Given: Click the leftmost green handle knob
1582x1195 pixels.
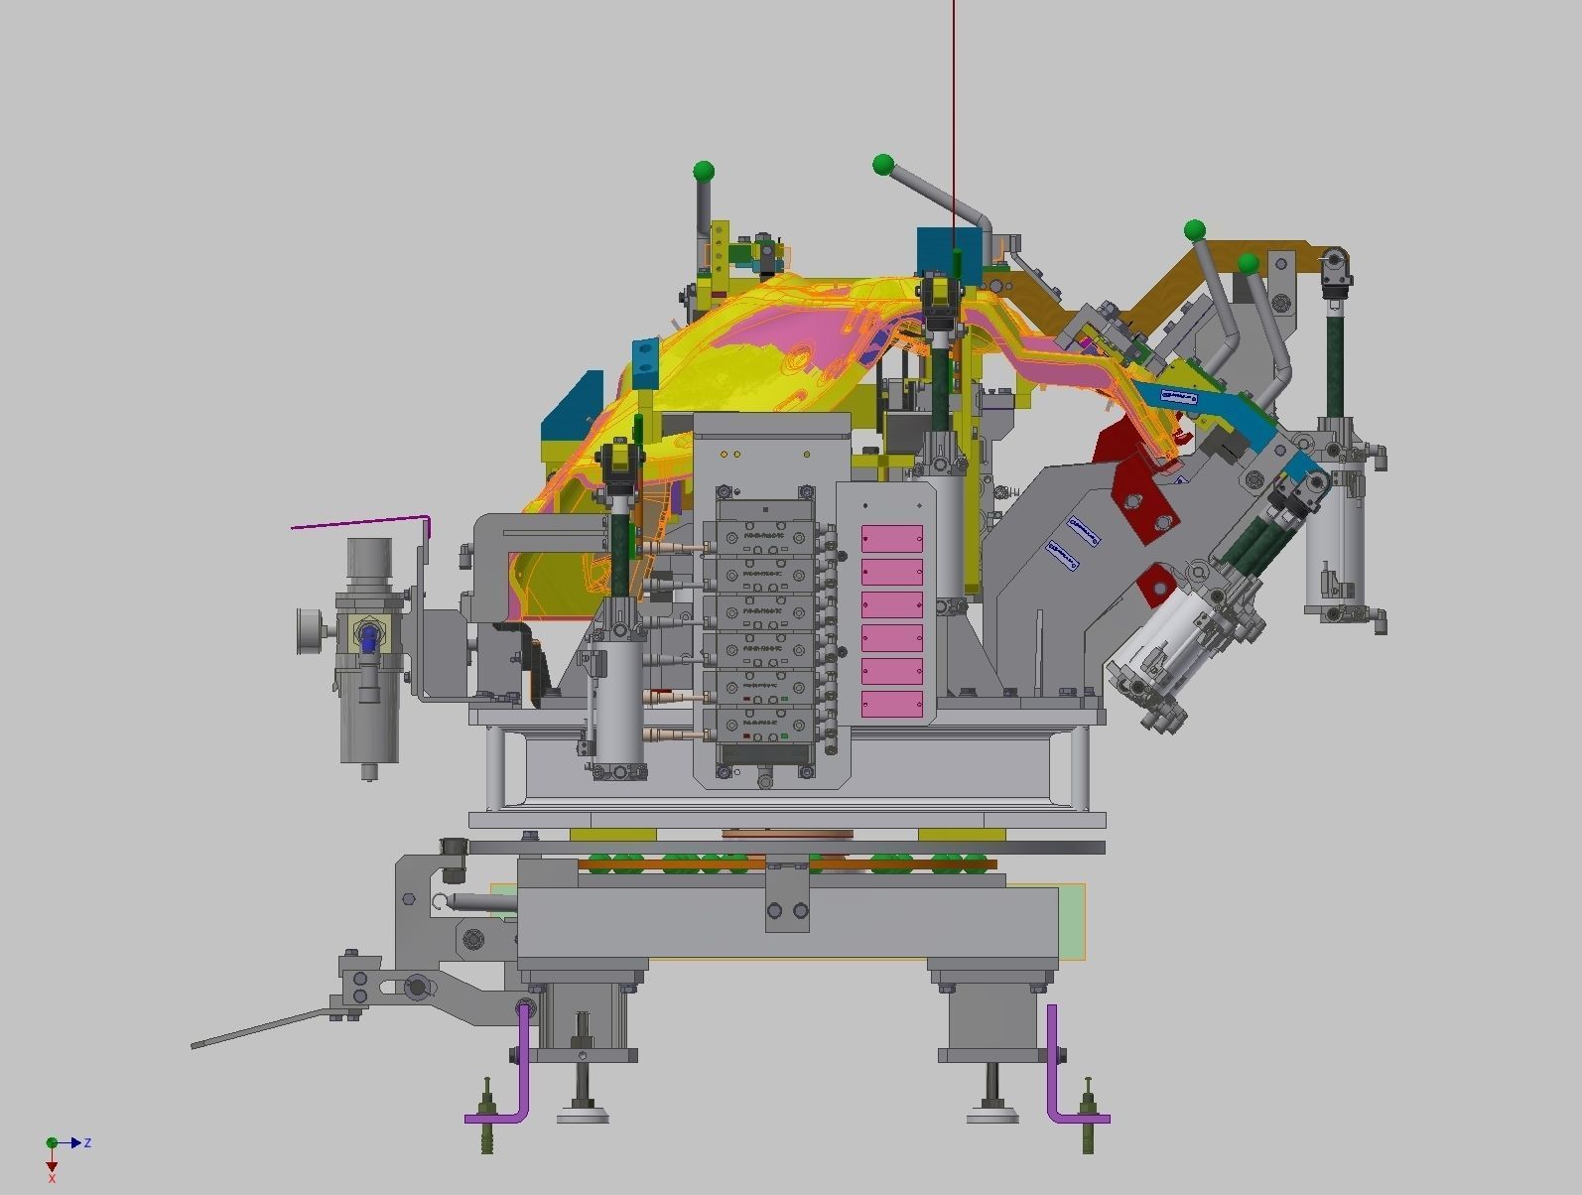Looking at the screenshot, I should [704, 171].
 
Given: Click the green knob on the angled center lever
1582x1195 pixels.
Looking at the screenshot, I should [883, 164].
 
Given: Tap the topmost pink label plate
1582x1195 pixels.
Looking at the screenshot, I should [891, 539].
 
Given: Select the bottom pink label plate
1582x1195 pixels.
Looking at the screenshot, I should [891, 704].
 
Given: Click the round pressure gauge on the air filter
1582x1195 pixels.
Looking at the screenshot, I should [307, 632].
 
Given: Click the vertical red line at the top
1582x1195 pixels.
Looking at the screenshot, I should [954, 99].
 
